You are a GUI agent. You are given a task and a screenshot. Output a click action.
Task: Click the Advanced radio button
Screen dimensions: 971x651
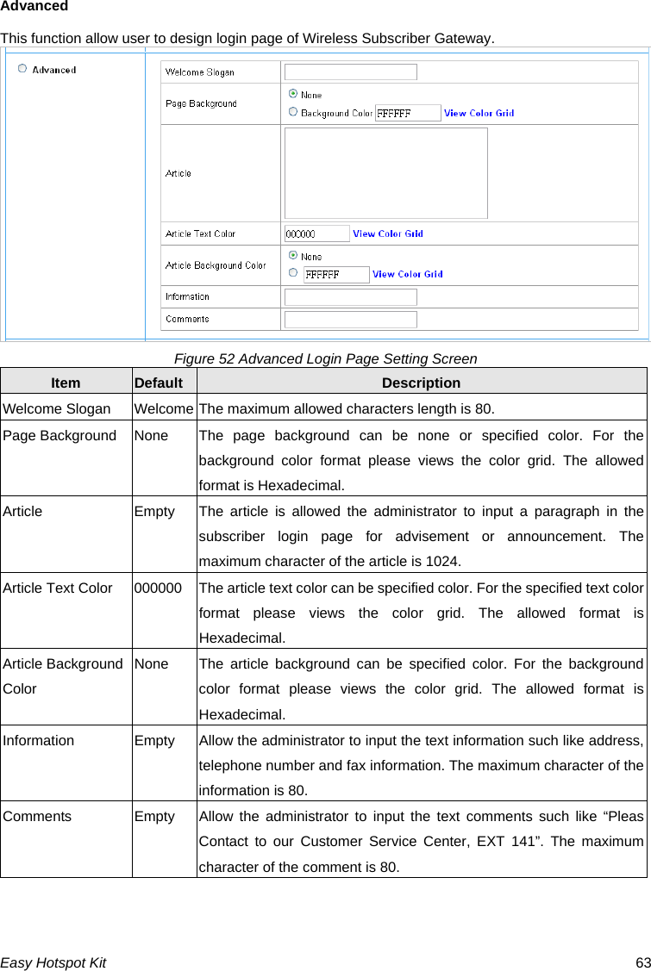[x=22, y=69]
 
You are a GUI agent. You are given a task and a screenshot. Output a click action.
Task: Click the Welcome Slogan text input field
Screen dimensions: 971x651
[x=351, y=72]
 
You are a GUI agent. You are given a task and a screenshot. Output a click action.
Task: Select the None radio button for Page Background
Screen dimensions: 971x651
[x=293, y=94]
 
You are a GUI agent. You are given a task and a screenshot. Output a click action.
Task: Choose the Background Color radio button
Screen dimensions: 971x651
[x=293, y=112]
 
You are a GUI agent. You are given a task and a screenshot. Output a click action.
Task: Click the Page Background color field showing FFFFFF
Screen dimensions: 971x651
[x=408, y=113]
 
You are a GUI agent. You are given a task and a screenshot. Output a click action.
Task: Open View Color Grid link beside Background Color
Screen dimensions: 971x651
[x=479, y=113]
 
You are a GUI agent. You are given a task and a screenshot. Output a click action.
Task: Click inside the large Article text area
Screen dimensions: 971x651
[x=385, y=173]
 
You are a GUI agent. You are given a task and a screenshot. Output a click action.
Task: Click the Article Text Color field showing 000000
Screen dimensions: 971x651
[x=316, y=233]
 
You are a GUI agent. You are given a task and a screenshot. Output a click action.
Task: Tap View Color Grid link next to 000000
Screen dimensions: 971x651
[x=388, y=233]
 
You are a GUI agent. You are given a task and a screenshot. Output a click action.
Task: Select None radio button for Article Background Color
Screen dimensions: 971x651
[x=293, y=256]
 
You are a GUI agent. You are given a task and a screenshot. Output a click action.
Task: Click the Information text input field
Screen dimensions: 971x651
[x=351, y=297]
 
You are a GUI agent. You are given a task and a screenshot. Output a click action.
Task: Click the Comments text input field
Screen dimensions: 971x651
[x=351, y=320]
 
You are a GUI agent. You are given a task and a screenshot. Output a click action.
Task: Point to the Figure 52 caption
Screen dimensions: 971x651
[x=325, y=358]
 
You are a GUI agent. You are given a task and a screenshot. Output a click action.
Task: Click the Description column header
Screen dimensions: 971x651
[x=421, y=383]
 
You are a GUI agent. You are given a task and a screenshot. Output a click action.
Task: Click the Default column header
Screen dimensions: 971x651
[x=159, y=383]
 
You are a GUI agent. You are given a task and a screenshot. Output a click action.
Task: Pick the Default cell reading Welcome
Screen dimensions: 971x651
[x=164, y=408]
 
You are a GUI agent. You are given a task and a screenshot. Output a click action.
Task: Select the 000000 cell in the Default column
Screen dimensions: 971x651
[x=158, y=588]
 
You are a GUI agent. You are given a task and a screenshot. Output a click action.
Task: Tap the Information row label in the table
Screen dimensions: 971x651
[x=38, y=740]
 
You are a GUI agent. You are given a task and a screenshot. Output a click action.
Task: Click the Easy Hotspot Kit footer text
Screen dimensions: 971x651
[x=53, y=962]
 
